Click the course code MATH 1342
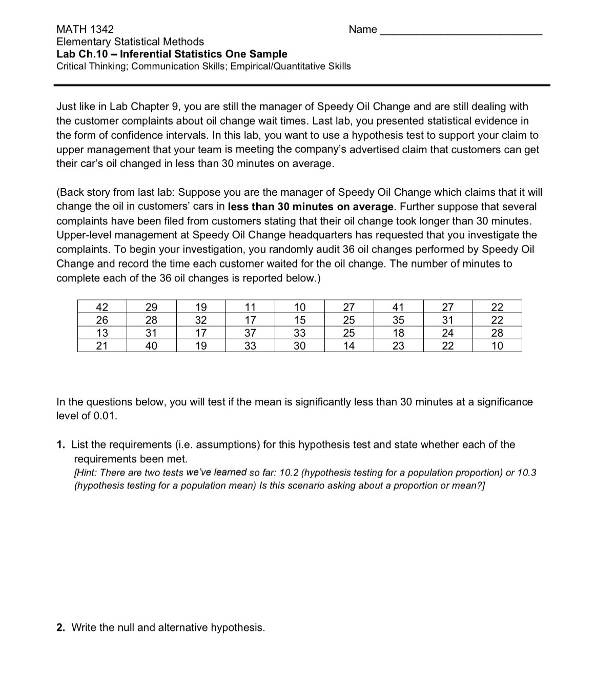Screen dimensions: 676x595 85,29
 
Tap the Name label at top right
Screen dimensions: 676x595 362,29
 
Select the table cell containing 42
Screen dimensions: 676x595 102,307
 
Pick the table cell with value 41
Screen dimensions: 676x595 398,307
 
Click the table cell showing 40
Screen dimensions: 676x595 151,346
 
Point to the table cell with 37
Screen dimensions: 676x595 250,333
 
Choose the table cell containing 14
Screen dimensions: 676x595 348,346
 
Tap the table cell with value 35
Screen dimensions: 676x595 398,320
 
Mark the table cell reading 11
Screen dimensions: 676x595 250,307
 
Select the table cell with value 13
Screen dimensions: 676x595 102,333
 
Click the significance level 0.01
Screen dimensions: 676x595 105,416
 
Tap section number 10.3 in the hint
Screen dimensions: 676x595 526,473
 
